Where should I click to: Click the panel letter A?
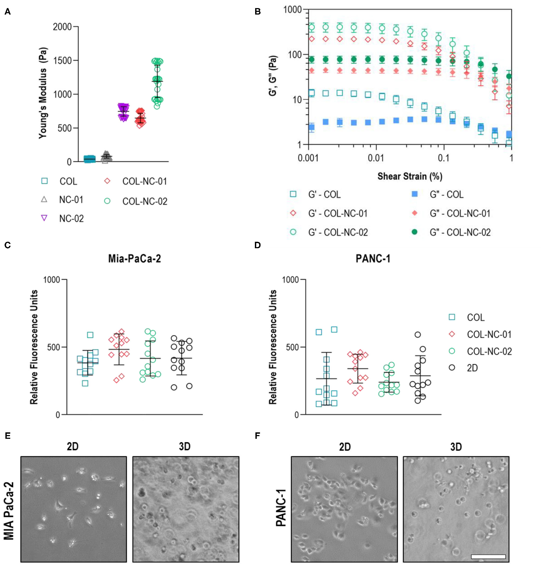click(8, 12)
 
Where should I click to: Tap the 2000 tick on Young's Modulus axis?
click(62, 27)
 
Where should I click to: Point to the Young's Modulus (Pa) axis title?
click(43, 93)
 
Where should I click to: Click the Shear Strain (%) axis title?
click(410, 176)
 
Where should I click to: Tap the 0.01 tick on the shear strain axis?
click(376, 158)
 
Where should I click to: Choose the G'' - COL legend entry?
click(446, 195)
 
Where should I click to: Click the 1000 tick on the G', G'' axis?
click(292, 10)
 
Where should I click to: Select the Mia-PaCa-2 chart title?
click(134, 258)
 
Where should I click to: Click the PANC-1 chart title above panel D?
click(373, 258)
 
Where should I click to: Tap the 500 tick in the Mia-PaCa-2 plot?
click(54, 347)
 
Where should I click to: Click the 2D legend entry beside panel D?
click(472, 368)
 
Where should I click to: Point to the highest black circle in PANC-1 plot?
click(418, 335)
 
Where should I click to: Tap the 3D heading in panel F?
click(456, 447)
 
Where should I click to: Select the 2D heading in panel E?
click(72, 446)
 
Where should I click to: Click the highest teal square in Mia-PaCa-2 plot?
click(90, 335)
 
